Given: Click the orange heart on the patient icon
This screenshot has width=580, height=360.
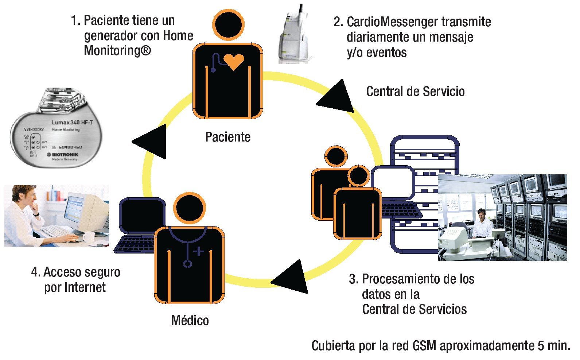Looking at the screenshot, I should tap(234, 61).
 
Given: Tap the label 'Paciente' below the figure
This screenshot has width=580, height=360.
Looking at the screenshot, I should tap(228, 137).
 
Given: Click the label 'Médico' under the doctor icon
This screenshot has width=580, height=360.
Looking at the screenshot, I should tap(190, 321).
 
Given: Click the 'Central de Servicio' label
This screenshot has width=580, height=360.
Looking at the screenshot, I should tap(415, 92).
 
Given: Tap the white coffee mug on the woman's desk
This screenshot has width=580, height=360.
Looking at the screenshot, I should tap(88, 237).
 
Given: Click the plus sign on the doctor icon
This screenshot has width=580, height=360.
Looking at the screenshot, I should tap(199, 251).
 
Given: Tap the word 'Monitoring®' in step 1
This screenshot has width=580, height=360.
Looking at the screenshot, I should tap(117, 51).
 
